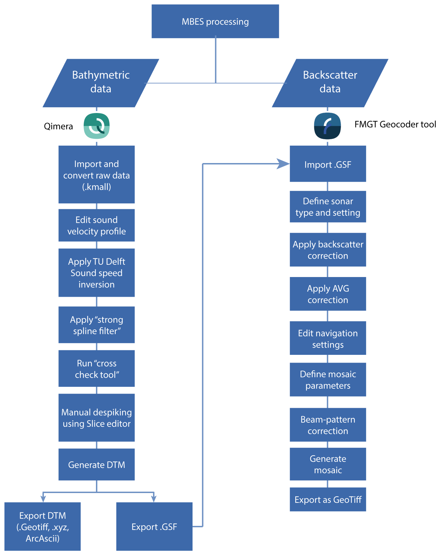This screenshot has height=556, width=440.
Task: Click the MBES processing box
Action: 215,21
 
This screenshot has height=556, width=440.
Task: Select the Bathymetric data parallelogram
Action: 100,83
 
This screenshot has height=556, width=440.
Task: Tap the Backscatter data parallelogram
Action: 330,83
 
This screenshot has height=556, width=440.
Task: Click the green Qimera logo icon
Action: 97,126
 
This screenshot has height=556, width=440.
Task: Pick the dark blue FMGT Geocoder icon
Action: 328,126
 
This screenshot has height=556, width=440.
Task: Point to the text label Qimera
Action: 58,126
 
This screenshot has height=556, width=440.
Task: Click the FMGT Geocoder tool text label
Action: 395,124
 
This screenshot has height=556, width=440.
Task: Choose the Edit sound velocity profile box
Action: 96,225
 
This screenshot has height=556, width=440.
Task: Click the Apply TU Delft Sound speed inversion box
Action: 96,273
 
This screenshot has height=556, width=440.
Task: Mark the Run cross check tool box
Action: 96,369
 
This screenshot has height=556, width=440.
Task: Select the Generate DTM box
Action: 96,465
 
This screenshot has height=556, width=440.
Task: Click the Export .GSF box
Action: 154,527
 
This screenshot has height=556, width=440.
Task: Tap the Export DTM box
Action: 42,527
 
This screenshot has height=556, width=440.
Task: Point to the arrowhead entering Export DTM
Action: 43,498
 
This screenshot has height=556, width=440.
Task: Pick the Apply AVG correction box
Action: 328,294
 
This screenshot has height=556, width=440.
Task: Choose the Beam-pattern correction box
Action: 328,425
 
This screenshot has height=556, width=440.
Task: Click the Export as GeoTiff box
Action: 328,499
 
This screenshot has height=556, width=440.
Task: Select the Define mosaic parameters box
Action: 328,380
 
